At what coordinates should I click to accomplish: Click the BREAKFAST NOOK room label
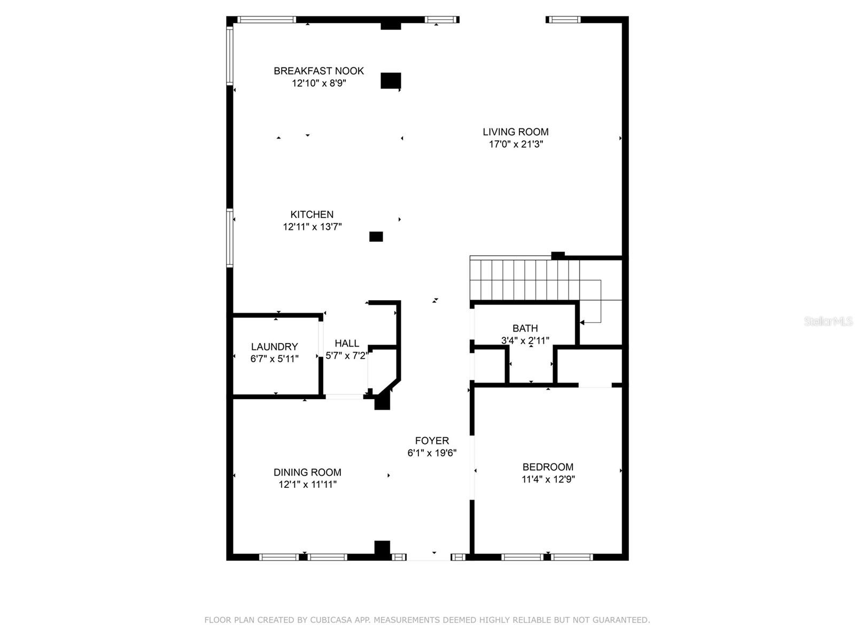[x=318, y=71]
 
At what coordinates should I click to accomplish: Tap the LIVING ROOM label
[x=515, y=132]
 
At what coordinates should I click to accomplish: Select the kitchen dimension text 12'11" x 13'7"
[x=312, y=227]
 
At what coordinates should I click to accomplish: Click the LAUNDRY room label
[x=274, y=347]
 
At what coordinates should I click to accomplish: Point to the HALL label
[x=347, y=343]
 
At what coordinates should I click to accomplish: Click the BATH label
[x=525, y=328]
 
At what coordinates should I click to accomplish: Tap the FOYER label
[x=432, y=441]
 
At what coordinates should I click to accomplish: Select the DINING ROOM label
[x=307, y=472]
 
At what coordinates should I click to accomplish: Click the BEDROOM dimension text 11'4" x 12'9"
[x=548, y=479]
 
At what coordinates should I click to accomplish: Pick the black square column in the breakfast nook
[x=391, y=81]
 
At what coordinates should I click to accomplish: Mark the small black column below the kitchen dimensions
[x=376, y=236]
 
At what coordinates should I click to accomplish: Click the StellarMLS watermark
[x=828, y=321]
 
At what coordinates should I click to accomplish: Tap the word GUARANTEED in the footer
[x=621, y=620]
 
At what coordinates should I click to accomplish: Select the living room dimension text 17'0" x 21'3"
[x=516, y=144]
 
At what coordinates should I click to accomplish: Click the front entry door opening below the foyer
[x=429, y=557]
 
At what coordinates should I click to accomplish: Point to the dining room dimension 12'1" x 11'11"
[x=307, y=485]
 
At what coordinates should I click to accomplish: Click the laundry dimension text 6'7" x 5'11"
[x=274, y=359]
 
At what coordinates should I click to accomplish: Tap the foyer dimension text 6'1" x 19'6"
[x=432, y=453]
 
